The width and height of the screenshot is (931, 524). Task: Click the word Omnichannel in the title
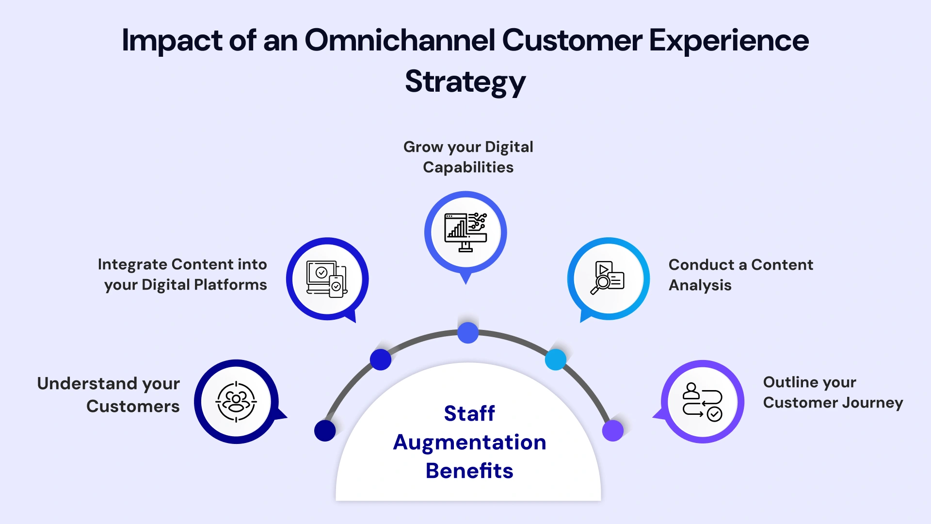coord(400,40)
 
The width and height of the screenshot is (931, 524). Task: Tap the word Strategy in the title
coord(465,82)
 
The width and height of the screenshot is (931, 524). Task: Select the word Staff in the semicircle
coord(469,413)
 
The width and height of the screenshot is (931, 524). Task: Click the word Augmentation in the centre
coord(469,442)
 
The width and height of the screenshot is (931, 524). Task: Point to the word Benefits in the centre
coord(469,471)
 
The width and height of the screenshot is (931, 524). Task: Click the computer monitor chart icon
coord(465,232)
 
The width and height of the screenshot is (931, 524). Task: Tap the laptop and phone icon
coord(327,278)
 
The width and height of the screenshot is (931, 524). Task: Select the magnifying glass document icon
coord(607,278)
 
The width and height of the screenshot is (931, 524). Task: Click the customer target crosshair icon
coord(236,401)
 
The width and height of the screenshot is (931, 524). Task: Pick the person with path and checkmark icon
coord(702,401)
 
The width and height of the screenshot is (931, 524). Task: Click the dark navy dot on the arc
coord(325,430)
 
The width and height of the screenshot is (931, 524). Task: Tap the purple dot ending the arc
coord(612,430)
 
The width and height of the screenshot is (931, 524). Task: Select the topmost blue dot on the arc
coord(468,333)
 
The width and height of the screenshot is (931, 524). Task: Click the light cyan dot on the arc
coord(556,360)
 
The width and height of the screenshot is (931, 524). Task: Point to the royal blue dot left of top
coord(381,360)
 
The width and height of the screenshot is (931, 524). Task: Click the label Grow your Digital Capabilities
coord(468,157)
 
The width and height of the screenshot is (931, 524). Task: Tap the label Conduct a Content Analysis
coord(740,275)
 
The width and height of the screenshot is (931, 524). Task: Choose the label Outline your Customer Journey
coord(833,392)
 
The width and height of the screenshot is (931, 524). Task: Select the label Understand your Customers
coord(109,394)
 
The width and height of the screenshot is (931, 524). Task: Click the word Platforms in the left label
coord(230,285)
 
